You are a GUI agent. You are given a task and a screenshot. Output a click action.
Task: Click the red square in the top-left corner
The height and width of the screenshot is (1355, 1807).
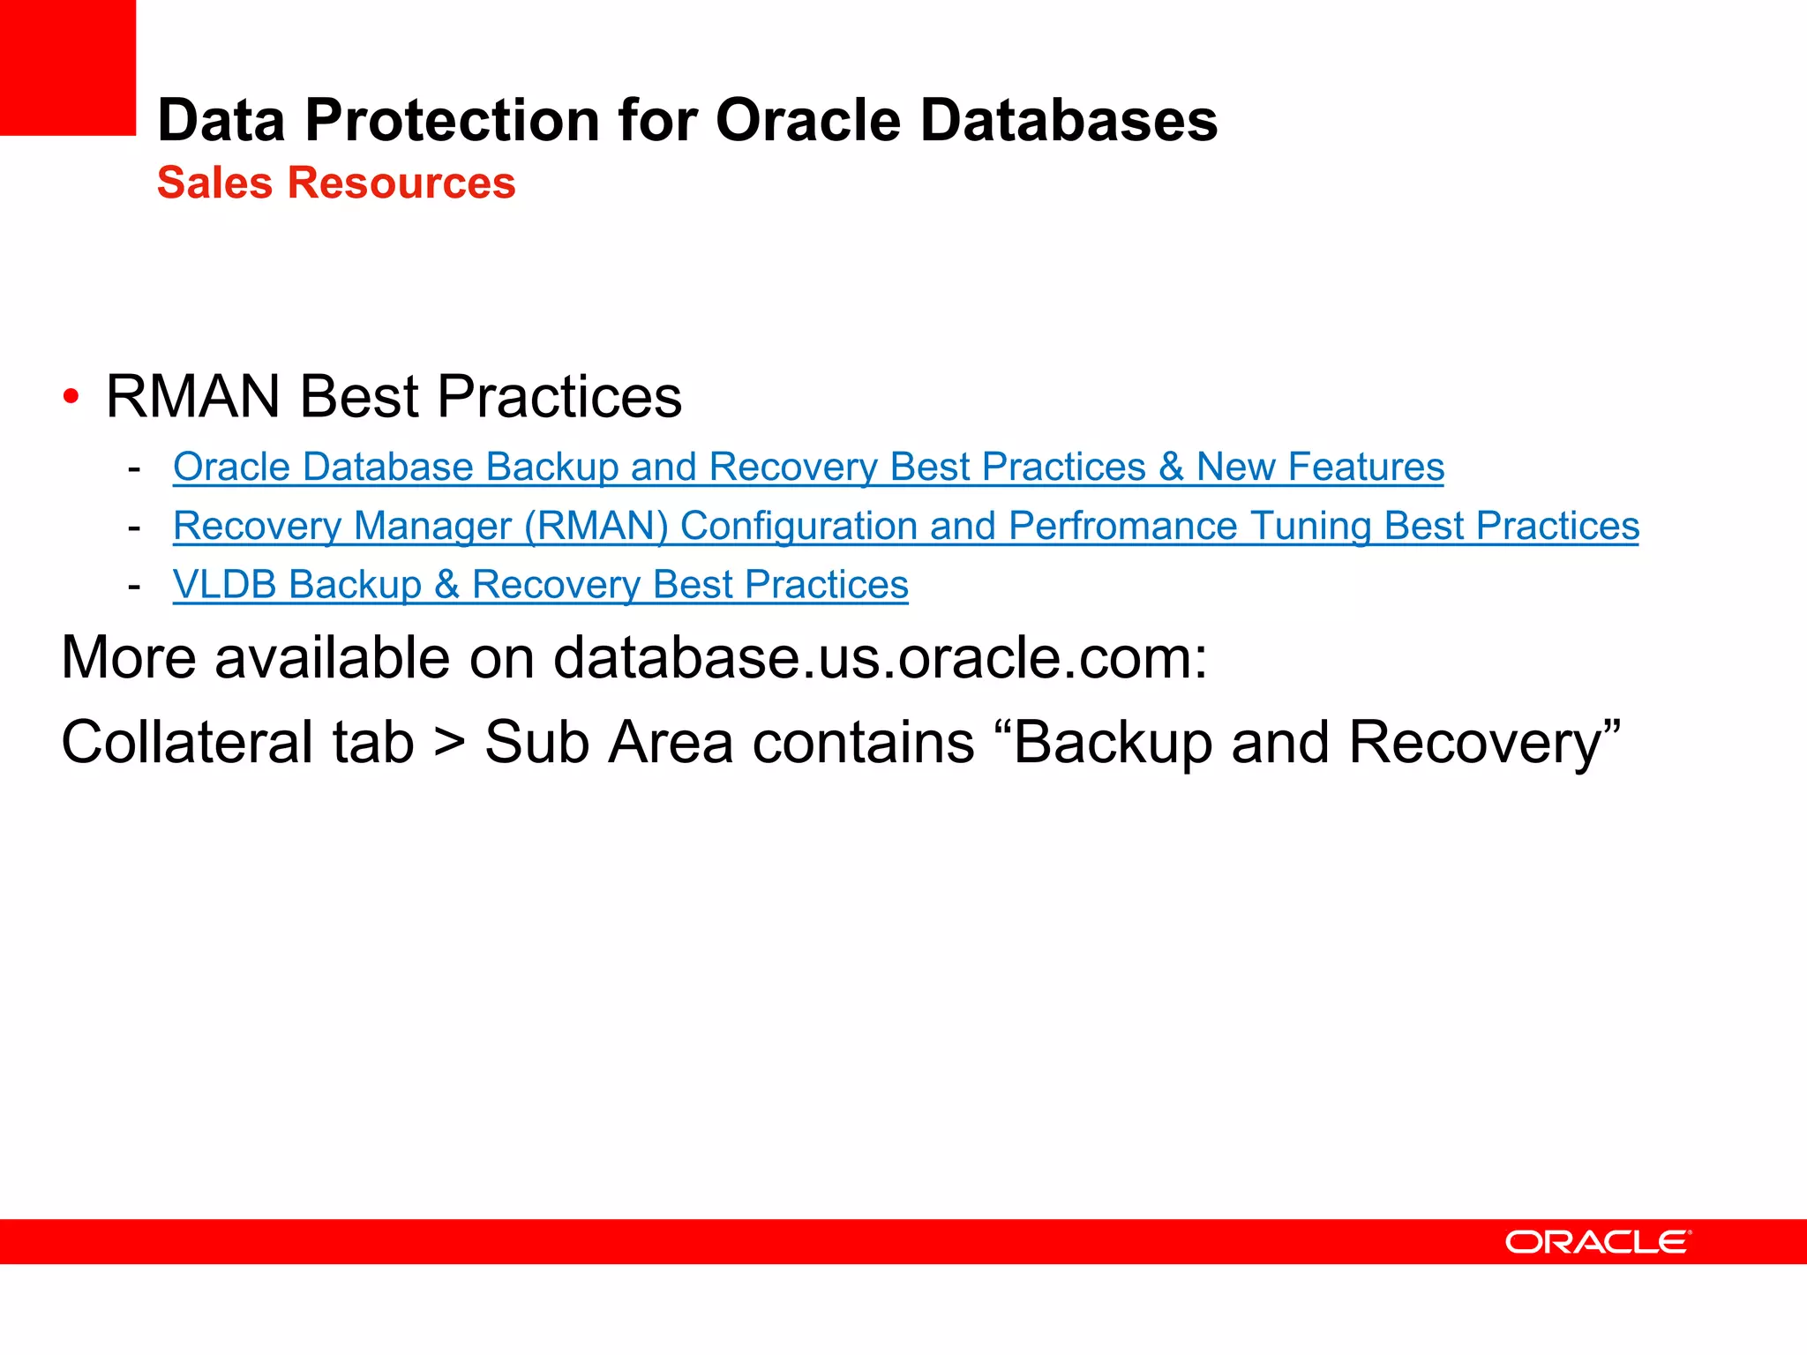[x=67, y=67]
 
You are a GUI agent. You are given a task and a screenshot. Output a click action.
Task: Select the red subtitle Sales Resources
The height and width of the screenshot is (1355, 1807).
[x=336, y=183]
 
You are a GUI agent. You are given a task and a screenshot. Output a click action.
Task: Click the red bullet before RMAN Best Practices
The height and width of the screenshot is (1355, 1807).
[x=71, y=396]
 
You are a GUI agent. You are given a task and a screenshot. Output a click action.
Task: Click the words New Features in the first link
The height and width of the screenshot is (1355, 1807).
[x=1320, y=467]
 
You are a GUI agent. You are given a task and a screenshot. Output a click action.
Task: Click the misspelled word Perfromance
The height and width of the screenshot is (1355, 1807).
[x=1123, y=526]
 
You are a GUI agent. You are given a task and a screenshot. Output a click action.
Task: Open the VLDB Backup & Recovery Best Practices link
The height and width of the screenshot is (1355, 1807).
[x=540, y=585]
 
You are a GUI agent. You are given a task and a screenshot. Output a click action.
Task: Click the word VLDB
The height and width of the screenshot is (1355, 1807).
[x=225, y=585]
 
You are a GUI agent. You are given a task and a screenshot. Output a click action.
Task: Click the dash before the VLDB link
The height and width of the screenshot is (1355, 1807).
[x=134, y=586]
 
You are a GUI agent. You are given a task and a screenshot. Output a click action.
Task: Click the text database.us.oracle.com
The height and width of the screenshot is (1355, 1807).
[x=878, y=658]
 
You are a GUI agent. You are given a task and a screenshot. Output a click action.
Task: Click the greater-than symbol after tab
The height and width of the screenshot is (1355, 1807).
[x=449, y=743]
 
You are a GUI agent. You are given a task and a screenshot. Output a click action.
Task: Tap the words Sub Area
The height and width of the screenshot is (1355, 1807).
[x=609, y=743]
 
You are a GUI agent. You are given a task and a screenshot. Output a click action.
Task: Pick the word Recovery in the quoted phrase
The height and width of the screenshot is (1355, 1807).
[x=1483, y=743]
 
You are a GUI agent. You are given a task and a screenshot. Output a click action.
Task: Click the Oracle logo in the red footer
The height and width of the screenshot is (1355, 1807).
[x=1598, y=1242]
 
